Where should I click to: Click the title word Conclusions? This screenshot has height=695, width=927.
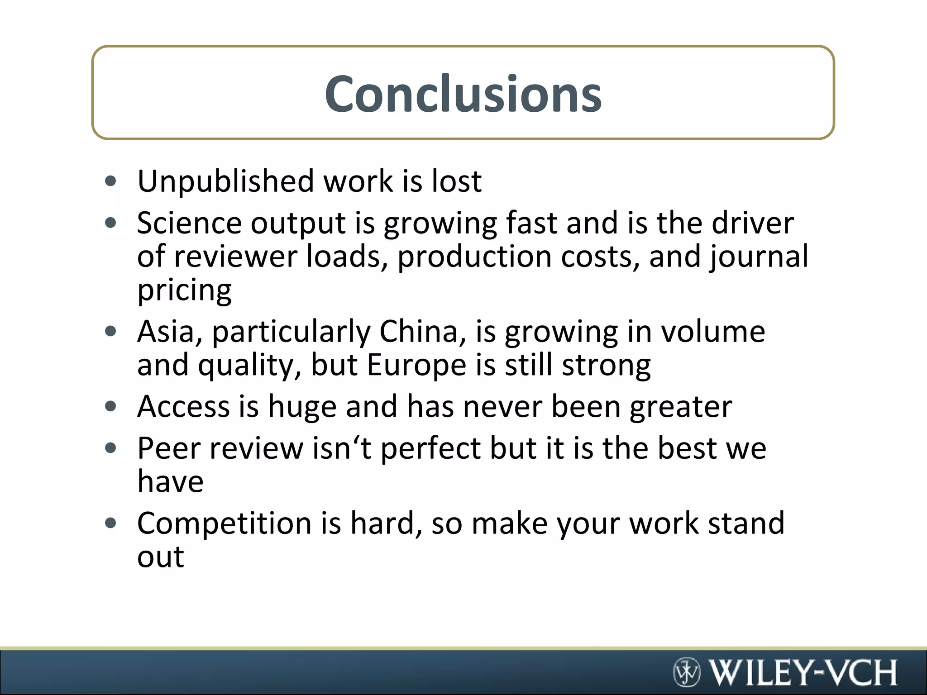tap(463, 94)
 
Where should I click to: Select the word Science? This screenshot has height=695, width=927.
tap(189, 223)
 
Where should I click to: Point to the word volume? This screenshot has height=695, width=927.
tap(713, 332)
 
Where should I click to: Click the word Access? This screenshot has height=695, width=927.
tap(184, 406)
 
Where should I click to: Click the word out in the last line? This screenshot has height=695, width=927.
tap(161, 557)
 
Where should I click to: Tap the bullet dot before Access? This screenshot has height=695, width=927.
tap(110, 406)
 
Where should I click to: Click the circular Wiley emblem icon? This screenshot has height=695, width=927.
tap(687, 672)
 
